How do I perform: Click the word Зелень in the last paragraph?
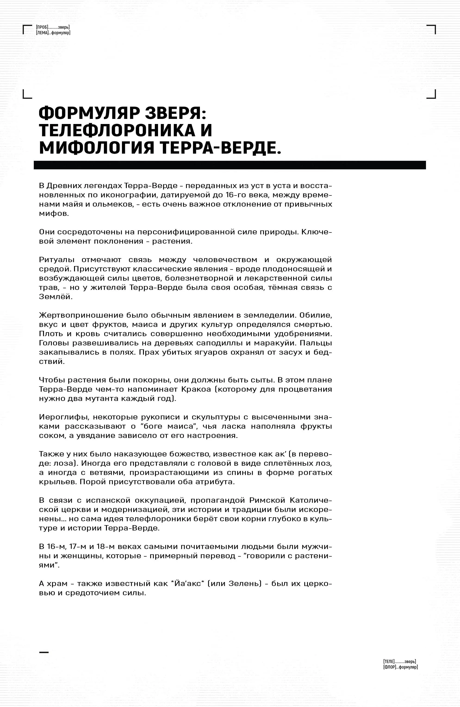pos(243,583)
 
